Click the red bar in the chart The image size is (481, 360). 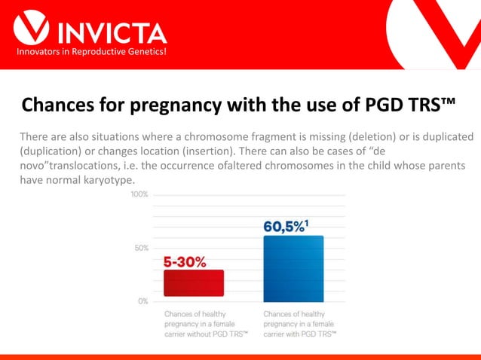(x=194, y=283)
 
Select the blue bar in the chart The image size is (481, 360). (x=293, y=268)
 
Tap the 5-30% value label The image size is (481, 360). (x=194, y=261)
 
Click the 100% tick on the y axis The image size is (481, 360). (x=139, y=194)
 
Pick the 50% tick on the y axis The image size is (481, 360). (x=141, y=248)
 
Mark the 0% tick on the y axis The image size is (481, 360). (x=142, y=301)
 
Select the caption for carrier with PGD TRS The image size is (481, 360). (x=300, y=322)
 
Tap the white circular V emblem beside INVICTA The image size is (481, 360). (x=32, y=28)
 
